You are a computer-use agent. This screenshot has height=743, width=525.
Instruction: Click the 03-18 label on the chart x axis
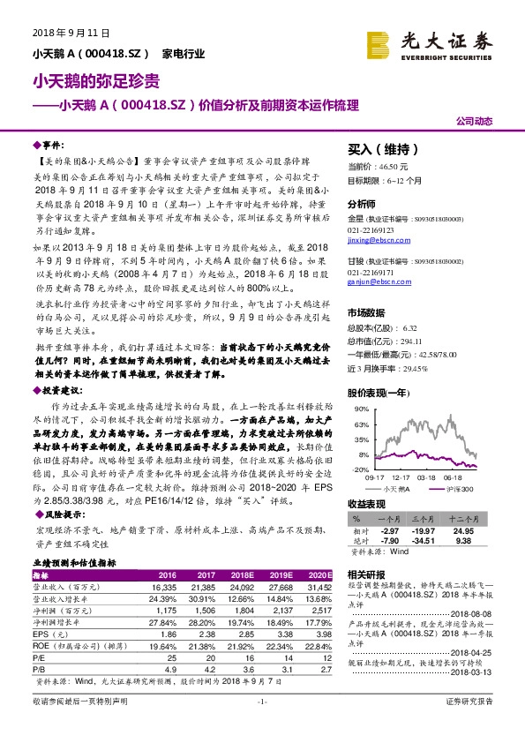(426, 477)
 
